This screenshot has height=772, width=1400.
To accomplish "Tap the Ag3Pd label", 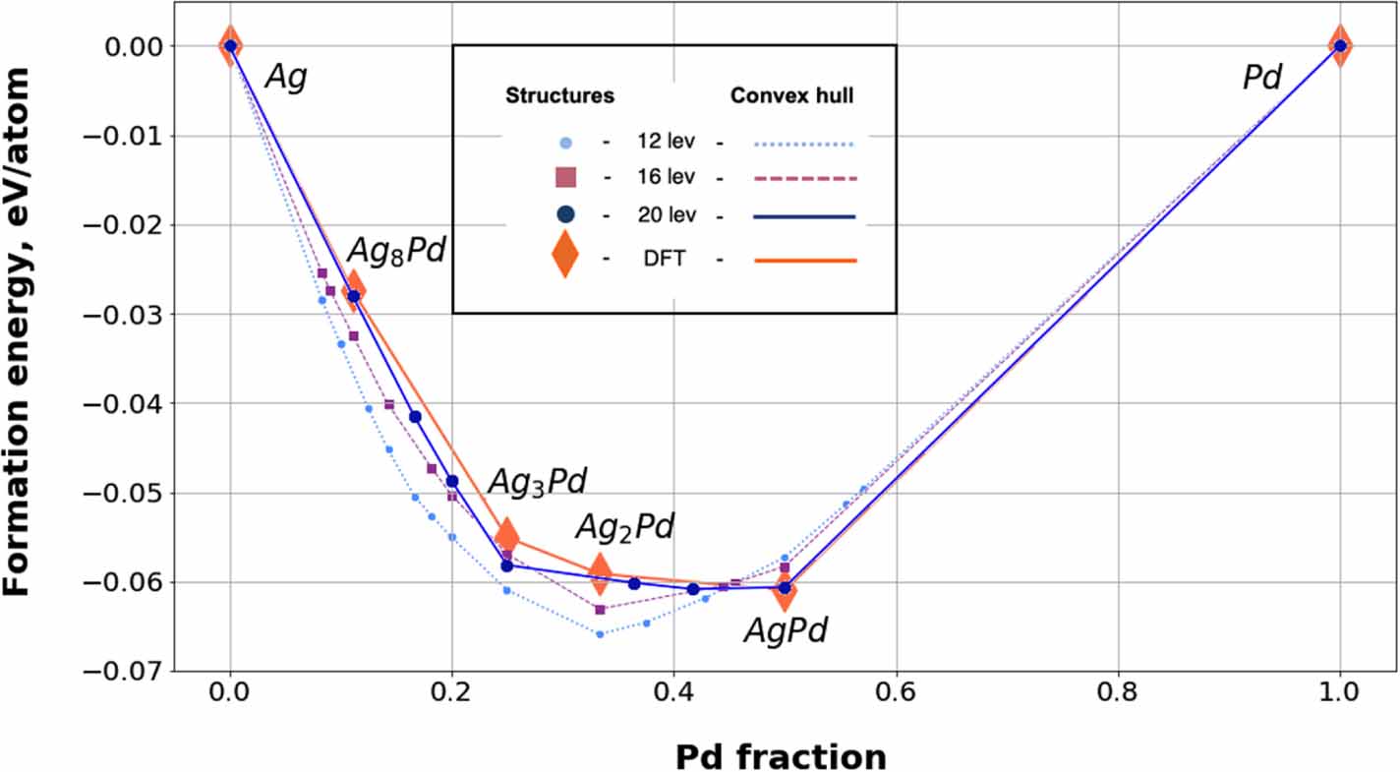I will coord(537,481).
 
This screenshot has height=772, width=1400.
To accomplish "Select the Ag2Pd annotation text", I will coord(624,527).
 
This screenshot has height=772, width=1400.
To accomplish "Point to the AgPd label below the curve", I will coord(785,630).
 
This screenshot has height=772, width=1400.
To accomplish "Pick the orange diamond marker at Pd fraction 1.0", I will coord(1339,45).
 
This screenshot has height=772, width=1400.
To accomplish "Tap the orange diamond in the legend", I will coord(564,259).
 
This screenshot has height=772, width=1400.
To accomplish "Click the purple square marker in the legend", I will coord(564,178).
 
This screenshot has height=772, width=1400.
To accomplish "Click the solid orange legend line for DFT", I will coord(805,261).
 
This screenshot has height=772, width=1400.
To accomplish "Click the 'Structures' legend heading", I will coord(559,96).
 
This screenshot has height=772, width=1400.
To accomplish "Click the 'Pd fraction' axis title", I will coord(781,756).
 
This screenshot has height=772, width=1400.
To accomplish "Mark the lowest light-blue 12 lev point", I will coord(600,634).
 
